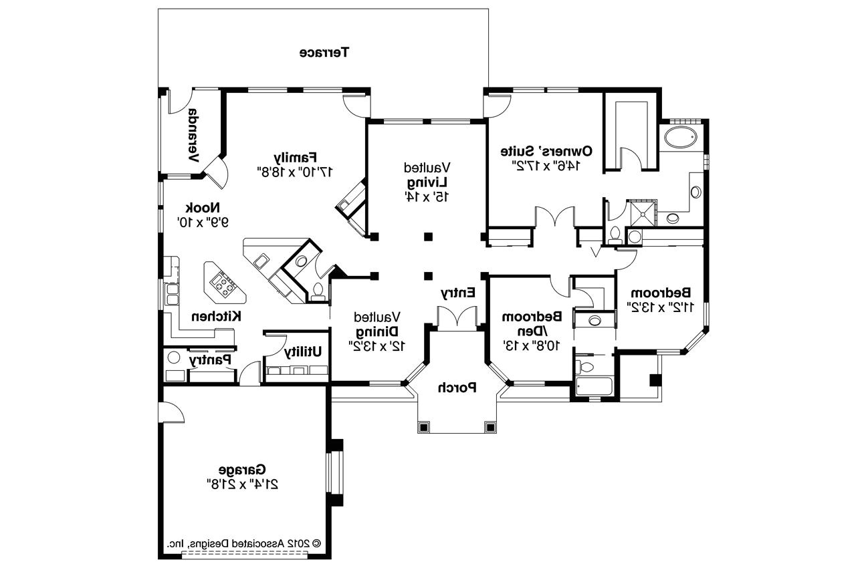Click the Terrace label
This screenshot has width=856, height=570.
pos(324,52)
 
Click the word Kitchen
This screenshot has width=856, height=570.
pos(217,315)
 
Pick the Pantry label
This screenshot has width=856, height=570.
pos(211,360)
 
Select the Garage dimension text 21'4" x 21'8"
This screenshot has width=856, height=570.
pos(242,482)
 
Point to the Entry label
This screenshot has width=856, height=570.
pos(457,293)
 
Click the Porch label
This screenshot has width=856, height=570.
pos(457,387)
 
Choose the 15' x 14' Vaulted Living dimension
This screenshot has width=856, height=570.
pos(427,196)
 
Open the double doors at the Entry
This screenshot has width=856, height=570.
pos(456,317)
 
